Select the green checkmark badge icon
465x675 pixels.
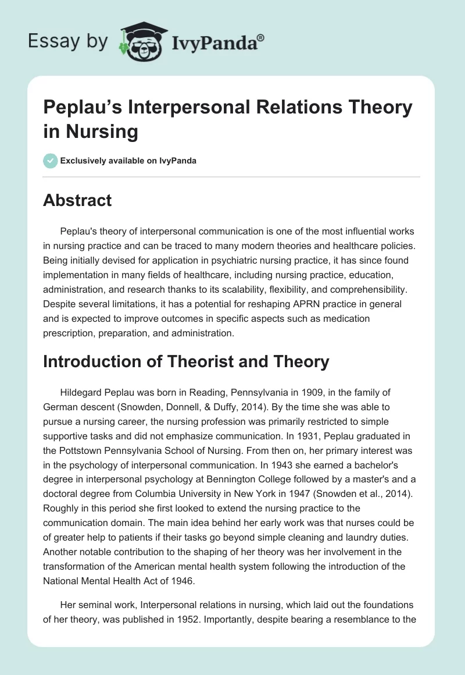[x=50, y=161]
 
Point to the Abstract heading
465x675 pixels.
[x=77, y=200]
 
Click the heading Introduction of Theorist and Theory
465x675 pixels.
[x=186, y=361]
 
